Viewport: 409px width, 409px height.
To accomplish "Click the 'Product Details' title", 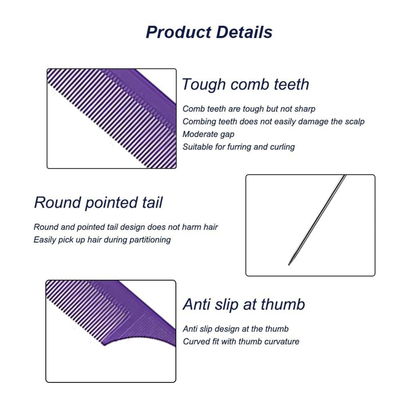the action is click(x=209, y=32).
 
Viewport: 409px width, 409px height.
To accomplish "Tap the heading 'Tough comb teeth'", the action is click(x=245, y=85).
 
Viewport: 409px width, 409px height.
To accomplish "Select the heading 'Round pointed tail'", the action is click(x=98, y=203).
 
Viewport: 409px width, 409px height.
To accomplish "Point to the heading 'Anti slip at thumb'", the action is click(x=244, y=304).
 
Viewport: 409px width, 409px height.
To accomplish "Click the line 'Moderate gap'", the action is click(x=208, y=134).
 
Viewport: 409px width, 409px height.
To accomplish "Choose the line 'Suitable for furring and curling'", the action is click(x=239, y=147).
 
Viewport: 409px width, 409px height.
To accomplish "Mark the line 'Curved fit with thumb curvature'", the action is click(x=241, y=342).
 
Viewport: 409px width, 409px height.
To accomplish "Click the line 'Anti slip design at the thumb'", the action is click(x=236, y=329).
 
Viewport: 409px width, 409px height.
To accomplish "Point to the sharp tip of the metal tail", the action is click(x=289, y=264).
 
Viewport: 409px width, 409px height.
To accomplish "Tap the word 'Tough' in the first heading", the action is click(x=204, y=85).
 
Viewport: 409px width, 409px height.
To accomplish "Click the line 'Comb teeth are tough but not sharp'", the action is click(x=249, y=109).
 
